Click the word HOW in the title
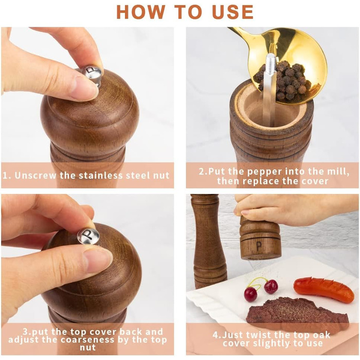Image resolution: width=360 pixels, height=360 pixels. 140,12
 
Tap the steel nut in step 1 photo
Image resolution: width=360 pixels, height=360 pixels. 92,75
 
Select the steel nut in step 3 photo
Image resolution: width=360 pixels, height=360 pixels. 88,236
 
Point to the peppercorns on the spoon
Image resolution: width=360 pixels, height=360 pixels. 285,79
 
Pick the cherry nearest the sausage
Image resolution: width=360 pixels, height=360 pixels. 271,286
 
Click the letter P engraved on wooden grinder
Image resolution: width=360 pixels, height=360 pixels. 259,246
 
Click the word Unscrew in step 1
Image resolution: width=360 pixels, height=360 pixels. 35,175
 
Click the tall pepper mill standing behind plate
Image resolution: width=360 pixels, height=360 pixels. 208,241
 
